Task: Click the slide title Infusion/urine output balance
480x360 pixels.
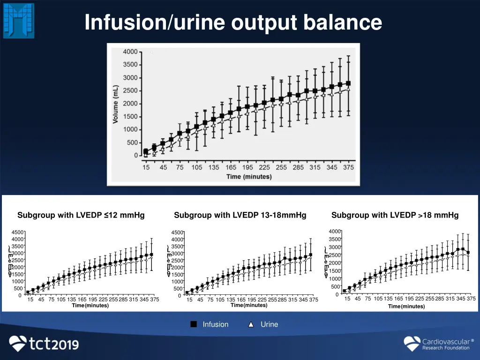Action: tap(233, 22)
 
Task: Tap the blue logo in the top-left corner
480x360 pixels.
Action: tap(19, 20)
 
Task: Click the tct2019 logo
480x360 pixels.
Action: tap(44, 344)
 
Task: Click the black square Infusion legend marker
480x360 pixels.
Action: tap(194, 324)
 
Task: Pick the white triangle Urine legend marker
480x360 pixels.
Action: tap(251, 324)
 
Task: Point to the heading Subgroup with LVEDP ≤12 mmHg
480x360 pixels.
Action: tap(81, 216)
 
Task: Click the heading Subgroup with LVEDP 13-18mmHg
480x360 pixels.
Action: tap(240, 216)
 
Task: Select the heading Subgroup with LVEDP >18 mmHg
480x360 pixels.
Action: tap(395, 216)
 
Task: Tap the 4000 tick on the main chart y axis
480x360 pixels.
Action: tap(130, 52)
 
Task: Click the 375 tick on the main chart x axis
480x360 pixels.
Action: tap(348, 167)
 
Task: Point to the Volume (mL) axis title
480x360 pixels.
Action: tap(115, 104)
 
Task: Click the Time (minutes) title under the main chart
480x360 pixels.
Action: tap(249, 177)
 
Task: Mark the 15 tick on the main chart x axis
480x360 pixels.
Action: tap(146, 167)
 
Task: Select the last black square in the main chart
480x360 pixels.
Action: tap(348, 83)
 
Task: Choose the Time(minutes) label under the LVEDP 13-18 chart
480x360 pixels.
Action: tap(249, 305)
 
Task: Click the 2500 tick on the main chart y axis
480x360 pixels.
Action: tap(130, 90)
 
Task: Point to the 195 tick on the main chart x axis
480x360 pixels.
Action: tap(247, 167)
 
